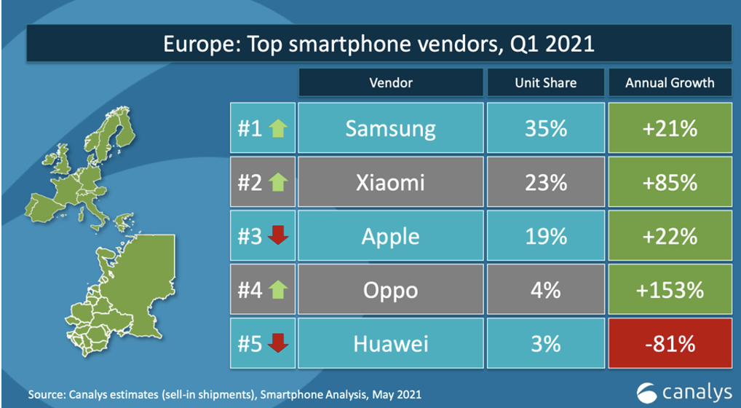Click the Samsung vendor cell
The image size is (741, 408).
(390, 129)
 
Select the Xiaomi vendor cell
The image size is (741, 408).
(390, 183)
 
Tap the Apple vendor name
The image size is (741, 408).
(390, 237)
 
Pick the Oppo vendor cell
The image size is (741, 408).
(390, 291)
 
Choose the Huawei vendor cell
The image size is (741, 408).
(390, 344)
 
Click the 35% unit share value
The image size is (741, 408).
(545, 129)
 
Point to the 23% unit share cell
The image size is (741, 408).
(545, 183)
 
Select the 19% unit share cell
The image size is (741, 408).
(545, 237)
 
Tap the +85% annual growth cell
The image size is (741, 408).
(670, 183)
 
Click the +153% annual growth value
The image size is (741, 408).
(670, 291)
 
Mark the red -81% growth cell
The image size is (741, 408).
(670, 344)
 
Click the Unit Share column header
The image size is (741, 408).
(545, 82)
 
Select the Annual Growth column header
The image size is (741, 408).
(670, 82)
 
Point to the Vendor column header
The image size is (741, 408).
(390, 82)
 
